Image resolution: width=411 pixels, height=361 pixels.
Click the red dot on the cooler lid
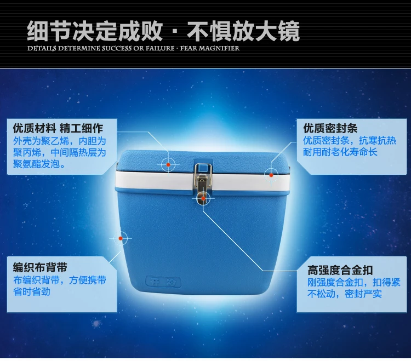(168, 164)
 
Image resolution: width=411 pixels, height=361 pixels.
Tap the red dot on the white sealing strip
(271, 175)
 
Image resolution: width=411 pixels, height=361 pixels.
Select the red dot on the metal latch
(203, 198)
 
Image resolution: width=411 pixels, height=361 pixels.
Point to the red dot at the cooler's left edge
(121, 238)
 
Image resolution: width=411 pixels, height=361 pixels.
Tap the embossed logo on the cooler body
(163, 282)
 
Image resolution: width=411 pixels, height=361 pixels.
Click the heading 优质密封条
(330, 128)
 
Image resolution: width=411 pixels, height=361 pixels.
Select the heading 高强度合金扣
(340, 270)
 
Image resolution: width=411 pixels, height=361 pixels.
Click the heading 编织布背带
(40, 267)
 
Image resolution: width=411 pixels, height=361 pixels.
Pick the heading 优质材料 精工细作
(58, 128)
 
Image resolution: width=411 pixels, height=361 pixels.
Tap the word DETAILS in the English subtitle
(42, 48)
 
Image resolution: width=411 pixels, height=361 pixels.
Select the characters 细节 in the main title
(49, 31)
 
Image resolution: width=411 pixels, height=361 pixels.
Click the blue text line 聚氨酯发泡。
(39, 164)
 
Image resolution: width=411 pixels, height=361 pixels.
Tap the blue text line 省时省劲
(32, 291)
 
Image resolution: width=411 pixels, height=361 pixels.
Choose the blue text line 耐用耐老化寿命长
(340, 152)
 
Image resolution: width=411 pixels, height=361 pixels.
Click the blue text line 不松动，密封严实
(345, 294)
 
